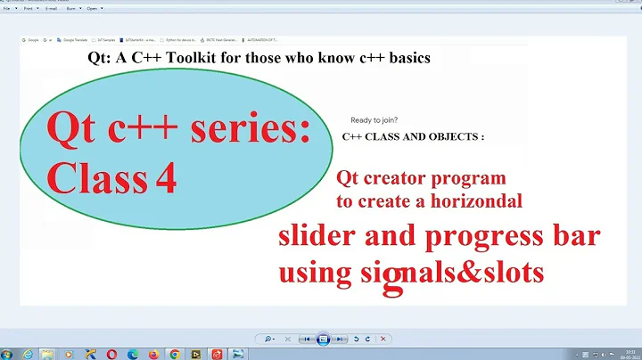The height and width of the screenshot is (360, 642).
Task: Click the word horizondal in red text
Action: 473,201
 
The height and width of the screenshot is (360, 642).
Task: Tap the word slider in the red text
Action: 317,239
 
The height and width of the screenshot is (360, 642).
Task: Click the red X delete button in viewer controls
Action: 383,339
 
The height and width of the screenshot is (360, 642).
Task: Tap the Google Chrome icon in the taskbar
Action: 175,354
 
